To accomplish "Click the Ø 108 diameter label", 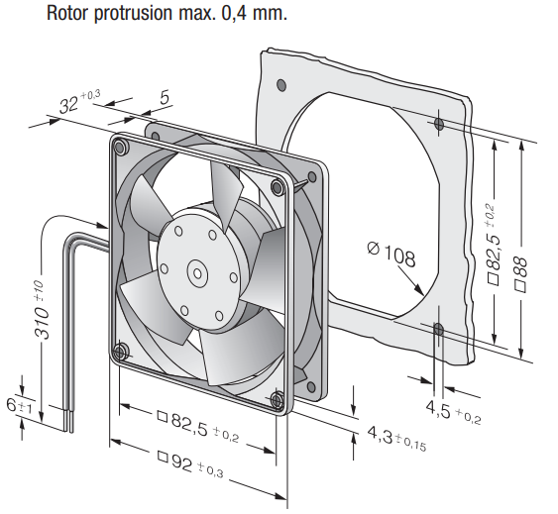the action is point(391,254).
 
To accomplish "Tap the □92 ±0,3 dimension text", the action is point(190,463).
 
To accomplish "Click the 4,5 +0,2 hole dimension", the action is point(453,413).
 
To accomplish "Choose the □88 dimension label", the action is point(519,274).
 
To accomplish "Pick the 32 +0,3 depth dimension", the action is point(79,101).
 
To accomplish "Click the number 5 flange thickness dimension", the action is point(165,97).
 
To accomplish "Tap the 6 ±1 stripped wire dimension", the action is point(19,405).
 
